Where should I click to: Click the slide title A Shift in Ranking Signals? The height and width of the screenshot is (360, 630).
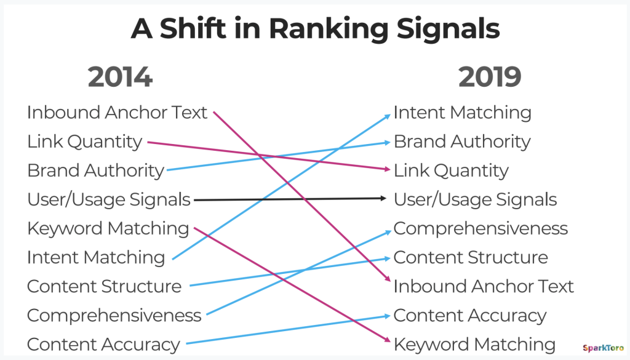[316, 29]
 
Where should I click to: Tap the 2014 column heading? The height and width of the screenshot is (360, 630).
[120, 77]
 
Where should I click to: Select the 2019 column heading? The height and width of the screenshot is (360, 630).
[490, 77]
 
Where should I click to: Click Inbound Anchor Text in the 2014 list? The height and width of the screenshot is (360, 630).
[117, 112]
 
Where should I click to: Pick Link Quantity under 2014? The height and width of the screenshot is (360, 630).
[84, 142]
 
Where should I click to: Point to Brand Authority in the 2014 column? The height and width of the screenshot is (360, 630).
[95, 170]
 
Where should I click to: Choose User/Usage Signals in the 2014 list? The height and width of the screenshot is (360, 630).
[108, 199]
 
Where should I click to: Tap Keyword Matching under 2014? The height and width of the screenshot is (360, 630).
[108, 229]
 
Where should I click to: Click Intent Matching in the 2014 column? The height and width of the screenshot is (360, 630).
[96, 258]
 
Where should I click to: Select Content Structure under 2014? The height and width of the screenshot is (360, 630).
[104, 287]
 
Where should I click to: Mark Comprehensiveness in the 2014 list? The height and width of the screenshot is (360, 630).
[114, 316]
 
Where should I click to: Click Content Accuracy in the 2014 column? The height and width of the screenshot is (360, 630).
[103, 345]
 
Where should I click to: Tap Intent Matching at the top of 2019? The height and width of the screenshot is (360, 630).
[463, 113]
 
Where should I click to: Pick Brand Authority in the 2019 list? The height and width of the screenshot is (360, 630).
[462, 142]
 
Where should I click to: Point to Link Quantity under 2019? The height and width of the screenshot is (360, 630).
[451, 170]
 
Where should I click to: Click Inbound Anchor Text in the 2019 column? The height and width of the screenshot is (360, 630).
[484, 287]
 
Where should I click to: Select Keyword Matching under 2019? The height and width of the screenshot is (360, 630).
[474, 345]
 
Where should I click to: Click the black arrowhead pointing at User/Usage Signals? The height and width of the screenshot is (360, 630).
[383, 198]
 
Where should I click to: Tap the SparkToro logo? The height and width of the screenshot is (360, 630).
[604, 348]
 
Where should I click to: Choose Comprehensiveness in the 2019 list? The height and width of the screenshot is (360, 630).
[480, 229]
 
